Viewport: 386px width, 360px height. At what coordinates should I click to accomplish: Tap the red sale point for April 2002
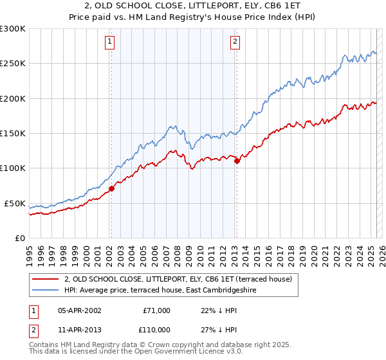tap(111, 188)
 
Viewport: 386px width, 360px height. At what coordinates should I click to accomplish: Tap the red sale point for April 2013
tap(237, 161)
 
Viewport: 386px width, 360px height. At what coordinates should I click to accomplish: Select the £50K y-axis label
tap(15, 203)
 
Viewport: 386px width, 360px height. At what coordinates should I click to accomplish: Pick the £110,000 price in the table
tap(156, 329)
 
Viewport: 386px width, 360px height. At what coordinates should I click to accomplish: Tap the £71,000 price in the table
tap(156, 310)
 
